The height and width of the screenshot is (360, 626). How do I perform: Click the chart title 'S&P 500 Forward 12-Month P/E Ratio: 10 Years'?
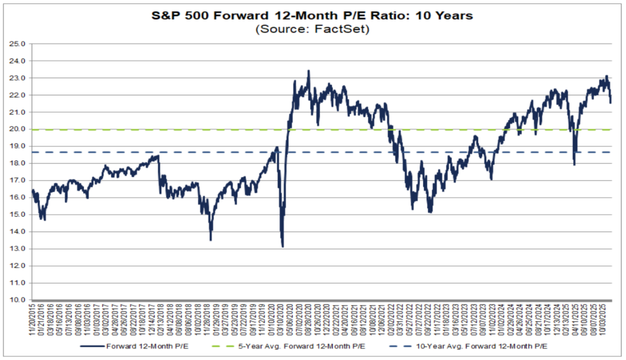tap(312, 15)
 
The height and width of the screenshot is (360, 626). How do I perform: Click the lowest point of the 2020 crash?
tap(283, 246)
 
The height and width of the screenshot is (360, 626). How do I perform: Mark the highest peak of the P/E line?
tap(308, 71)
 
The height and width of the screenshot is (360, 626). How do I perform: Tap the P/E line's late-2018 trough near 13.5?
tap(211, 240)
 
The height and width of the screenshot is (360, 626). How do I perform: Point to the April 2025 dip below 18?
tap(574, 165)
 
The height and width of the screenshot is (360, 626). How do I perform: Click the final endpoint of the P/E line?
tap(611, 102)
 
